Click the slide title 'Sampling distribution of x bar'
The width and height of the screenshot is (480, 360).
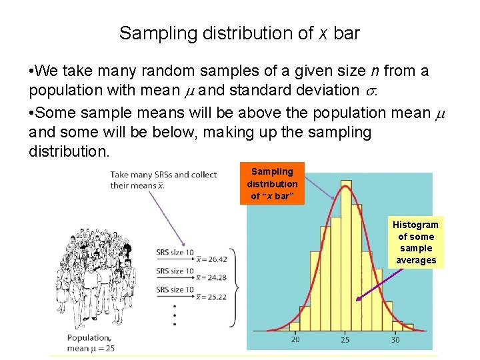tap(239, 33)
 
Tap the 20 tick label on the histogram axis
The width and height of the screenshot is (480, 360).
tap(295, 340)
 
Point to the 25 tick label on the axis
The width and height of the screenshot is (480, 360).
tap(345, 340)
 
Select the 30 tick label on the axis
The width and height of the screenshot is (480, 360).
tap(395, 340)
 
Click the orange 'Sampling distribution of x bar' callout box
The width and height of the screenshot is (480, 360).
tap(272, 183)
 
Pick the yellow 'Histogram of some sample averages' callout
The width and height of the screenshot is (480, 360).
tap(415, 242)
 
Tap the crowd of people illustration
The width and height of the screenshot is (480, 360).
tap(100, 273)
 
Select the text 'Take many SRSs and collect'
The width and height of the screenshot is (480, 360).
tap(163, 175)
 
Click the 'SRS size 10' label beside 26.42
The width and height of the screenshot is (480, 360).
tap(175, 253)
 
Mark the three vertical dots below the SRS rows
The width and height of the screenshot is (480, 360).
tap(174, 316)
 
